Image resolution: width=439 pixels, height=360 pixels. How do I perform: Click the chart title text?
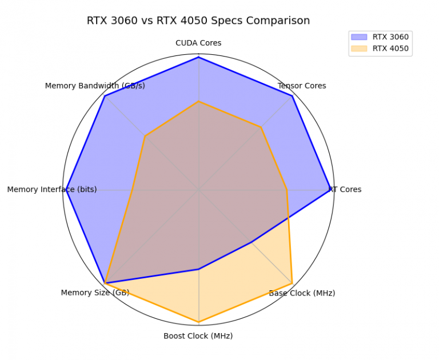pos(198,21)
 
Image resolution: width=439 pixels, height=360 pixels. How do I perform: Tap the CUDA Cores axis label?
pos(198,43)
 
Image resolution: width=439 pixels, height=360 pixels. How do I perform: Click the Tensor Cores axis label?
pos(302,86)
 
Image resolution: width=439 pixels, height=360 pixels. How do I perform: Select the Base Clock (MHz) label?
pos(302,293)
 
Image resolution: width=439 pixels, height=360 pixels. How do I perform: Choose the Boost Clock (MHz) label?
pos(198,335)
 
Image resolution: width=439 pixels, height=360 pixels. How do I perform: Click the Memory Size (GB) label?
pos(95,293)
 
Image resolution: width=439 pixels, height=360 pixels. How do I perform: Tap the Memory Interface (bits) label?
pos(52,189)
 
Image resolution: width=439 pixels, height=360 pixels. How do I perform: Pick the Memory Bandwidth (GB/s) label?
pos(95,86)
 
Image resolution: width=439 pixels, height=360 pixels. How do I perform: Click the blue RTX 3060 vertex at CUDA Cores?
pos(198,57)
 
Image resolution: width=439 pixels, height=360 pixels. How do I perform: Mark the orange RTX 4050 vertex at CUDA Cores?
pos(198,101)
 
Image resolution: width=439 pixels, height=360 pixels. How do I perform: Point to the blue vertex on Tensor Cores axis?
pos(293,96)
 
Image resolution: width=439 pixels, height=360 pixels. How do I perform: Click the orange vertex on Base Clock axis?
pos(292,283)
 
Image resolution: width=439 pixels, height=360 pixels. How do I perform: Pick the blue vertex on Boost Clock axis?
pos(198,269)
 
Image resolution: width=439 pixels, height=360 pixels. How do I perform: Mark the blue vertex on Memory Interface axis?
pos(66,190)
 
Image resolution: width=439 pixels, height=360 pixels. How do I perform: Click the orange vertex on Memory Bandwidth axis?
pos(145,136)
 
